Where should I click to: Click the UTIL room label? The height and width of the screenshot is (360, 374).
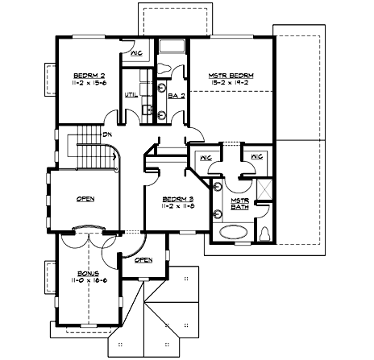coord(129,94)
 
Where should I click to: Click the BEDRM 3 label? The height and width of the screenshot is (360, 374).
coord(170,198)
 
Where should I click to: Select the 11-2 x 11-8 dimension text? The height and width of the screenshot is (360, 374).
coord(170,206)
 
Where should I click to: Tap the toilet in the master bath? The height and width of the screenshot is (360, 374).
coord(265,233)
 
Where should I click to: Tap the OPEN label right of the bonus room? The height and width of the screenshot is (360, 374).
coord(143,260)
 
